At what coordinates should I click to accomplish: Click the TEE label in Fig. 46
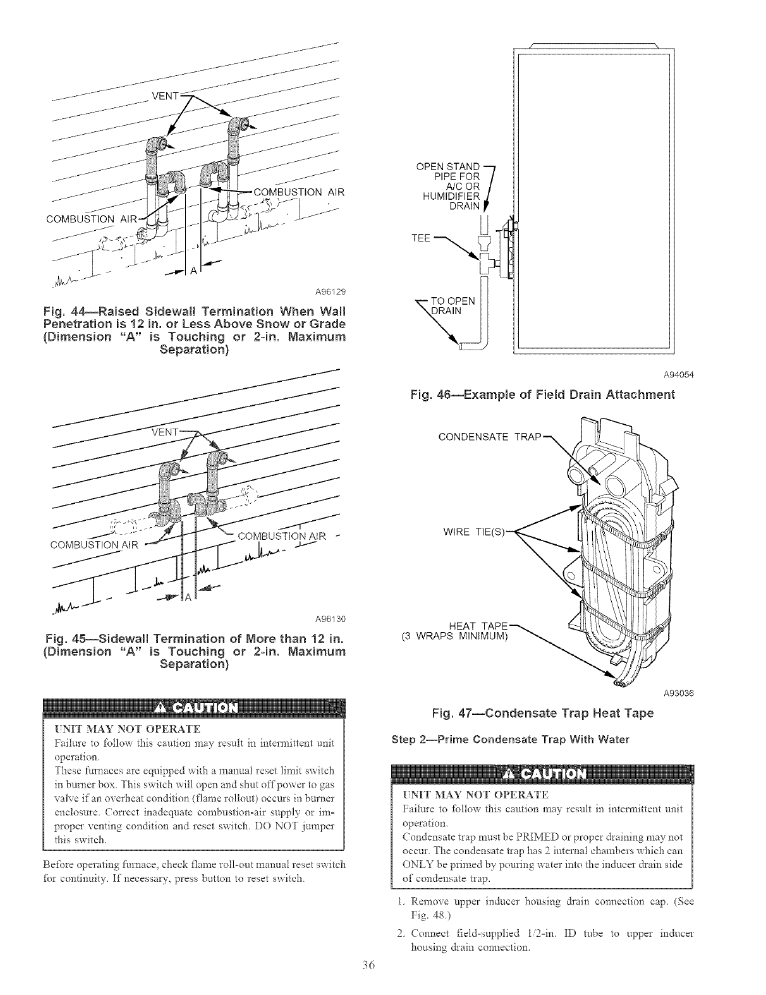420,238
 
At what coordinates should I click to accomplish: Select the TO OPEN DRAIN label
456,305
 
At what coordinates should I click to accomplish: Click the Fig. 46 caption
543,395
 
